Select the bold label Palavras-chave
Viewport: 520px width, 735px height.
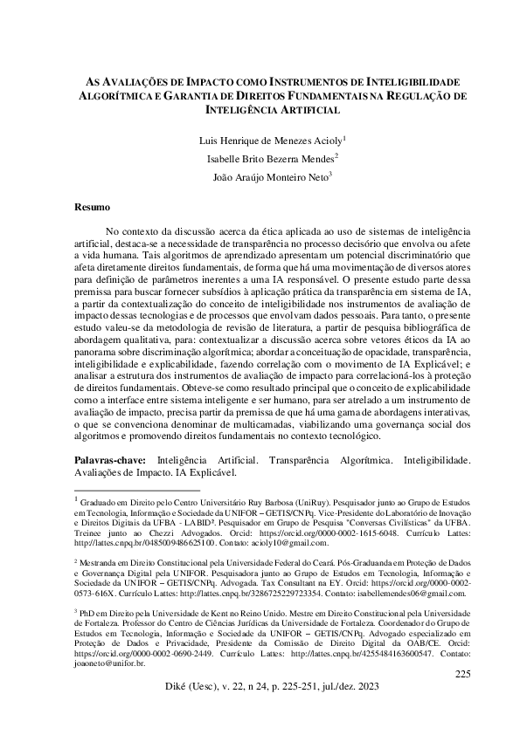pyautogui.click(x=108, y=458)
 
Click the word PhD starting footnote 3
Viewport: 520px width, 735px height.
pyautogui.click(x=90, y=614)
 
